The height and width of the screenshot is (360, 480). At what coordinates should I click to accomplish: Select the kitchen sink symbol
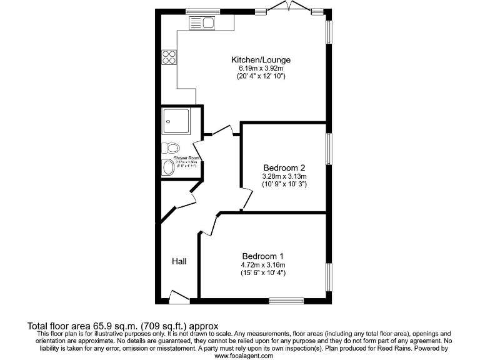[x=202, y=23]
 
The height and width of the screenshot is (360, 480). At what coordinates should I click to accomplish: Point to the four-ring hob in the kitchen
[x=169, y=57]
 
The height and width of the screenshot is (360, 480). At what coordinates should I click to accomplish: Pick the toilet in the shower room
[x=171, y=148]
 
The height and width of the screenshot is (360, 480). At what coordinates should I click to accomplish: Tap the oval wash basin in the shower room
[x=168, y=167]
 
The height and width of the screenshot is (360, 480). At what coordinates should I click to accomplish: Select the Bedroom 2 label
[x=284, y=168]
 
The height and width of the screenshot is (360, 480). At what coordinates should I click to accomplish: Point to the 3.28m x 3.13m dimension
[x=284, y=177]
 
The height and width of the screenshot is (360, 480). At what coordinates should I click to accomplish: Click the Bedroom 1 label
[x=263, y=256]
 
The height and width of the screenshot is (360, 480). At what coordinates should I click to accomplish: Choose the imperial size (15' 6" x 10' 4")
[x=263, y=272]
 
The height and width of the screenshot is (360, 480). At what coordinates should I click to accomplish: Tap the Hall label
[x=179, y=261]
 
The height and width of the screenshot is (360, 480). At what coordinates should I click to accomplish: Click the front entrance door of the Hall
[x=179, y=297]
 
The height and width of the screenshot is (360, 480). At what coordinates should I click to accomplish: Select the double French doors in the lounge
[x=289, y=8]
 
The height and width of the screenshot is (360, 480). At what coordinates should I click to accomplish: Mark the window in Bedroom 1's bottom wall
[x=286, y=301]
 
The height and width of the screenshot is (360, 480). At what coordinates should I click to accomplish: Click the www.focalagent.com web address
[x=244, y=355]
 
